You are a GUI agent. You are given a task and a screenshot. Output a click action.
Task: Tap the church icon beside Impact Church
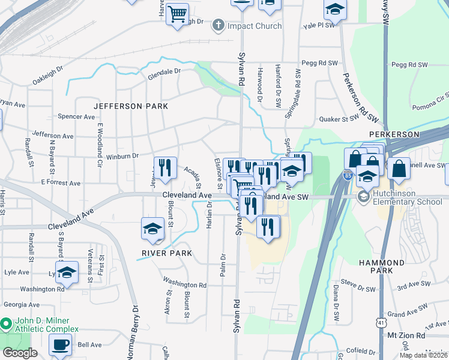pos(218,26)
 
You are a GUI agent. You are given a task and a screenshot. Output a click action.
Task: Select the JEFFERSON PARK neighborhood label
pos(130,106)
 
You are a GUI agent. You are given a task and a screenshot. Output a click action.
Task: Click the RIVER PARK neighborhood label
pos(167,253)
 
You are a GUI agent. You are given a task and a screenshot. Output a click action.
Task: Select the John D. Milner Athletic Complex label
pos(46,325)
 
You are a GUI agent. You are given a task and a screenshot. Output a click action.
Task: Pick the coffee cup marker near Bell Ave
pos(60,346)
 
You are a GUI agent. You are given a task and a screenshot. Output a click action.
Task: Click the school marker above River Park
pos(152,229)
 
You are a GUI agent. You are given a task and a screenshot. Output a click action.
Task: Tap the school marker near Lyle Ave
pos(67,272)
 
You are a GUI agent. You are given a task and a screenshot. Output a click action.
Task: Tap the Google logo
pos(20,353)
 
